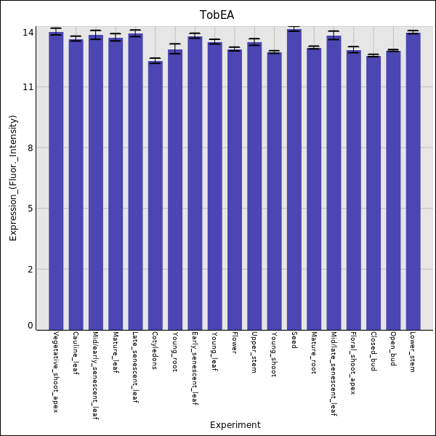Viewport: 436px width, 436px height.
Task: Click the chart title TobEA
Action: coord(217,15)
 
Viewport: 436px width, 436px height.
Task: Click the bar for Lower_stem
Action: coord(413,181)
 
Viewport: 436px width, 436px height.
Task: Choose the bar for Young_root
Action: coord(175,189)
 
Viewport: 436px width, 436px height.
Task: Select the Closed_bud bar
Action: coord(374,193)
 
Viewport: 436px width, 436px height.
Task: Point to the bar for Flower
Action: coord(235,189)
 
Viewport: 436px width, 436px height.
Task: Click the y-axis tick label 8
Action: coord(31,148)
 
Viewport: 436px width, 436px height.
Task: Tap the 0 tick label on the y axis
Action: coord(31,326)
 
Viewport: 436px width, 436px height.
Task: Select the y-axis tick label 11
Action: coord(28,87)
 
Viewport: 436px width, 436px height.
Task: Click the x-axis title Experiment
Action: coord(235,425)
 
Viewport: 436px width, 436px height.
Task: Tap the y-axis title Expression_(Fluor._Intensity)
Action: coord(13,182)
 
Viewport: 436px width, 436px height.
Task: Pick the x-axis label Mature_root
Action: coord(314,353)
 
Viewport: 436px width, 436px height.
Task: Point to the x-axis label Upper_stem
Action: coord(254,352)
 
